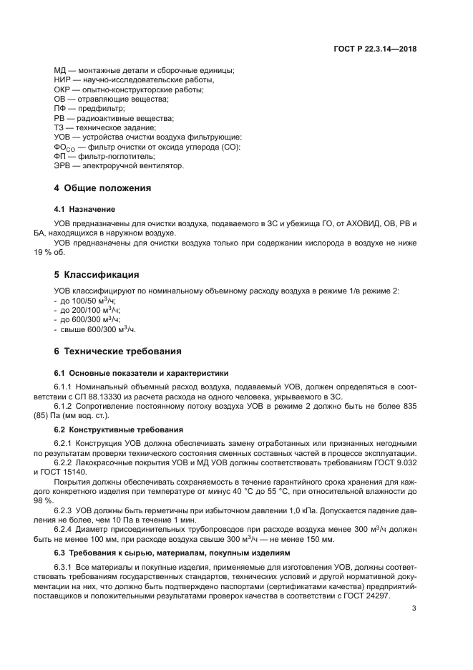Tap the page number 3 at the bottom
pos(414,608)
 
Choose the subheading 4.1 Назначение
pos(84,209)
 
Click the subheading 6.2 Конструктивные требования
pos(119,429)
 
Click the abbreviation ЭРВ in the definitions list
pos(63,166)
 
